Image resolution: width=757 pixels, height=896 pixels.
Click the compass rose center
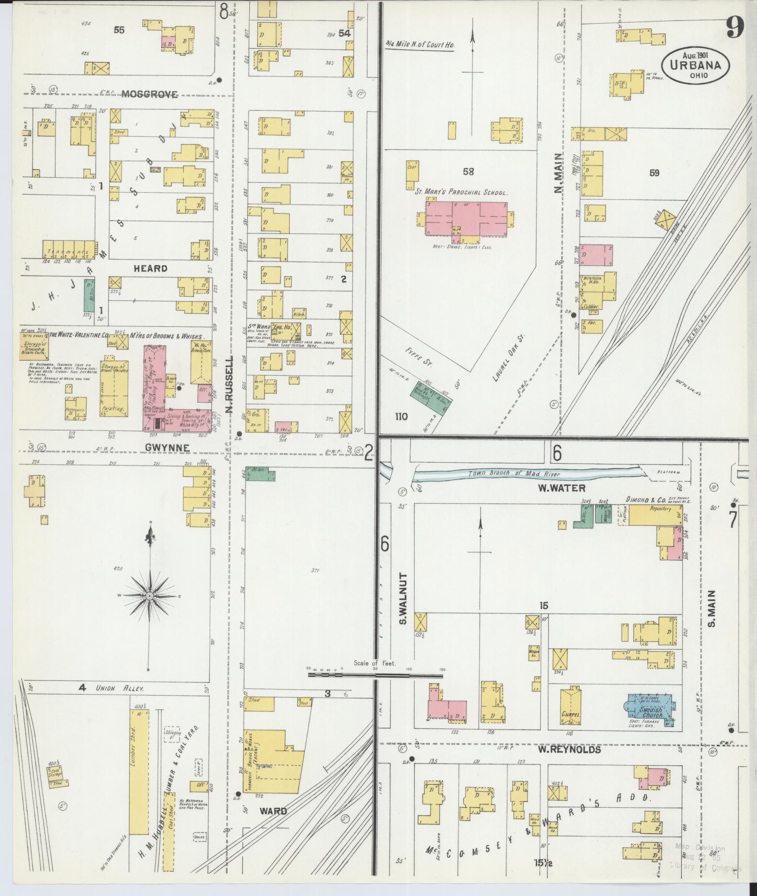[x=150, y=596]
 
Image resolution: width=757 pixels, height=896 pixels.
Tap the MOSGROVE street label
[x=150, y=95]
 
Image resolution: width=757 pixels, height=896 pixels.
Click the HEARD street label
[x=150, y=269]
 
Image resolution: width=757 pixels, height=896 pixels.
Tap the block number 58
[x=468, y=172]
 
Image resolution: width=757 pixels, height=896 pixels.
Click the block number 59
[x=654, y=173]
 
